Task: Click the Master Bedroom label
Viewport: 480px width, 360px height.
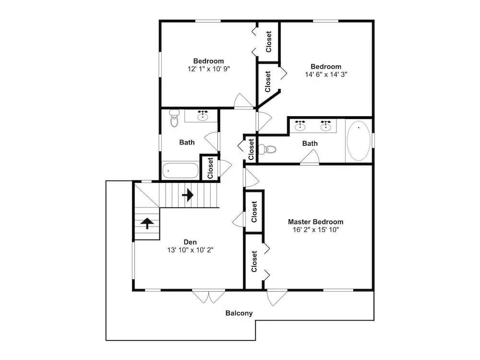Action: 316,222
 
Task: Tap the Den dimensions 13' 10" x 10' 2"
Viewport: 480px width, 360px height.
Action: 190,250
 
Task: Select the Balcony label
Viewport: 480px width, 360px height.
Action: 239,313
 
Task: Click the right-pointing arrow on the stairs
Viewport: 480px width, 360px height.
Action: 188,195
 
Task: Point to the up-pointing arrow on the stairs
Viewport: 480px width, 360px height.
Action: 147,223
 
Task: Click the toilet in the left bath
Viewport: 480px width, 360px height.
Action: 174,118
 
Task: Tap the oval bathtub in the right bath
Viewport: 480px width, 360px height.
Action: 359,141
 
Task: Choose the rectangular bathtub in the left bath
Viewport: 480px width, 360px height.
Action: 180,170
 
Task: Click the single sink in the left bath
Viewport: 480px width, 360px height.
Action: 203,115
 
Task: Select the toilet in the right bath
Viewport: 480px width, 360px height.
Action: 267,149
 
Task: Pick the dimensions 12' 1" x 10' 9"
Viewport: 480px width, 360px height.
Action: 209,69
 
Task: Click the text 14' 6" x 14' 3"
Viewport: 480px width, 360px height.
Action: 326,74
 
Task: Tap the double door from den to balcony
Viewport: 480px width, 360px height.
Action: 208,296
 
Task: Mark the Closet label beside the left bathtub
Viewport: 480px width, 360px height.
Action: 210,168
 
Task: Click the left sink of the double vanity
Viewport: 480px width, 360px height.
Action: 300,126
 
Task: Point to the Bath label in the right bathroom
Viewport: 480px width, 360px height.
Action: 310,144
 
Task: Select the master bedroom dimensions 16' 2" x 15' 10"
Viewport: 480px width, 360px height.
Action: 316,230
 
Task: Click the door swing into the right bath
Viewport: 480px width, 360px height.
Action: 310,157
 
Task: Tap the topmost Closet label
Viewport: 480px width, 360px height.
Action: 268,42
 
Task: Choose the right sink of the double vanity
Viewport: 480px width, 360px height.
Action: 326,126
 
